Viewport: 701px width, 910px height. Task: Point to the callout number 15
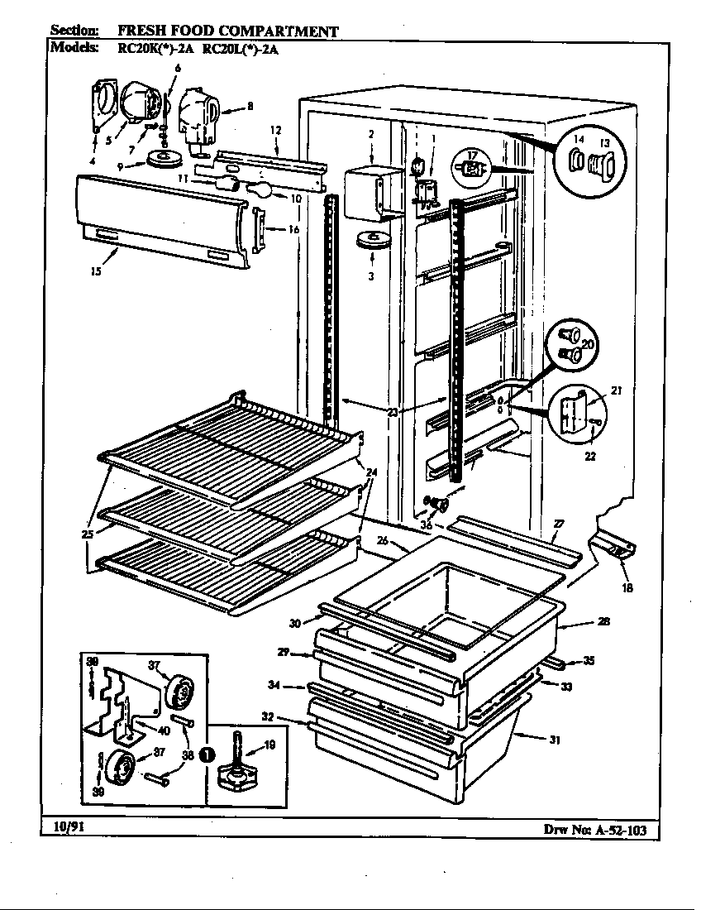96,271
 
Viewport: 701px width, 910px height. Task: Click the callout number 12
275,130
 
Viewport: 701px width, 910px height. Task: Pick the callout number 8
250,105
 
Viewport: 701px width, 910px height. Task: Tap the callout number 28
604,621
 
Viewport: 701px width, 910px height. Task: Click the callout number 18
627,588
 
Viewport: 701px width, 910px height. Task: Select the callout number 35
588,660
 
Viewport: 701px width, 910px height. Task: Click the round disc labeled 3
370,240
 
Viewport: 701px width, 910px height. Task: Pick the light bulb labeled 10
258,190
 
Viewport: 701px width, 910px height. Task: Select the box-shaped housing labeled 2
365,194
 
